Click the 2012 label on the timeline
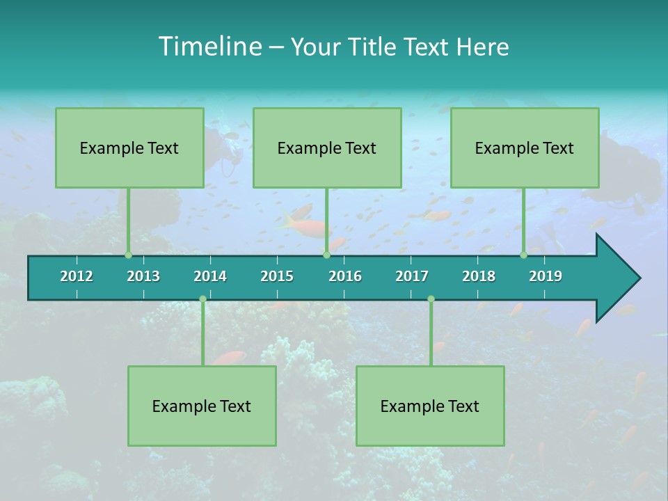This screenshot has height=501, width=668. coord(77,276)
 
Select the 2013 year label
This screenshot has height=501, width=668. coord(143,276)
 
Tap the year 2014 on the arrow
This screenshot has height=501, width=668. coord(210,276)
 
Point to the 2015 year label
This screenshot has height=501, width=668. coord(277,276)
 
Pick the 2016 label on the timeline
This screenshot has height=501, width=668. coord(345,276)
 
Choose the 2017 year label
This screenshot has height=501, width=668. coord(412,276)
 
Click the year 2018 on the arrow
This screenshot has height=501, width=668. coord(479,276)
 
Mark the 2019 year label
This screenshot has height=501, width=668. coord(546,276)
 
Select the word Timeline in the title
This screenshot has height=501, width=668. coord(209,47)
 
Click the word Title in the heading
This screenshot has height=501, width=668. coord(376,47)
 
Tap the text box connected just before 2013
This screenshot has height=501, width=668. coord(129,148)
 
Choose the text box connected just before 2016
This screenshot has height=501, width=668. coord(327,148)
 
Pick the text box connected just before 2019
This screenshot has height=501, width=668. coord(525,148)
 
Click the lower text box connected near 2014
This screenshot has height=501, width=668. coord(202,406)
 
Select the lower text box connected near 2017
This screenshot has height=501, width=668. coord(430,406)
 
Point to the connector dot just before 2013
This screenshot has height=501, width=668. coord(129,255)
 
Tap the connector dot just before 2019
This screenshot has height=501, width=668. coord(524,255)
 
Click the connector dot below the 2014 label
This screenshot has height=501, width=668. coord(202,299)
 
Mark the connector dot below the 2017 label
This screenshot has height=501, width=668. coord(431,299)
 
